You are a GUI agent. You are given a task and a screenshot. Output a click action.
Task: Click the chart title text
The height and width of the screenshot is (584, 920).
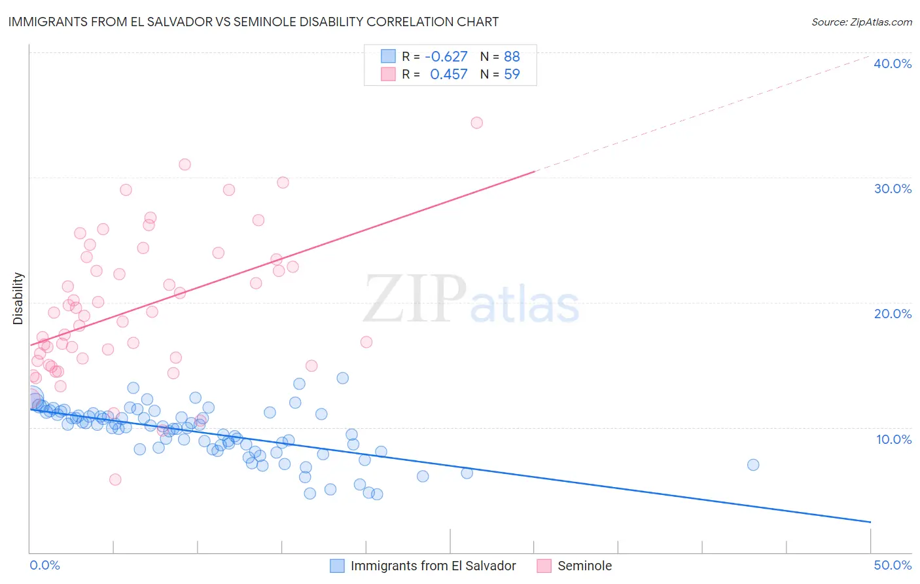[253, 22]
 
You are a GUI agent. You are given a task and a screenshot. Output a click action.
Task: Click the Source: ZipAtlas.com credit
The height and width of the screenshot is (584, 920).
[861, 22]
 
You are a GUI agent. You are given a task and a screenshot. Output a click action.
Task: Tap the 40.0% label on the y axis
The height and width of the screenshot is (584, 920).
[893, 64]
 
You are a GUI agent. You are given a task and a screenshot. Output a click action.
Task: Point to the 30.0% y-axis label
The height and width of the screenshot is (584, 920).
[893, 189]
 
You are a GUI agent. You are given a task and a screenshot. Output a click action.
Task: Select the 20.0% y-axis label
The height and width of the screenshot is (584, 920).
[893, 314]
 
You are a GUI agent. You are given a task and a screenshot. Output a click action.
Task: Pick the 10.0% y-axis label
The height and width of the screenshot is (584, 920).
[894, 439]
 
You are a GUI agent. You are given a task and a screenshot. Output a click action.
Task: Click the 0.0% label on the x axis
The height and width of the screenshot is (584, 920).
[44, 565]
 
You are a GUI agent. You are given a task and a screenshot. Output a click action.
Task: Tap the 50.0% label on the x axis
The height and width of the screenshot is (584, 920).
[893, 565]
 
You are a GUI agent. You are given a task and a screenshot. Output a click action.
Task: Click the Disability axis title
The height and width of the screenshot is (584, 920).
[18, 299]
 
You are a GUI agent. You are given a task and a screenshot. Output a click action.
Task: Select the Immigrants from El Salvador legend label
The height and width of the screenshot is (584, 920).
[433, 566]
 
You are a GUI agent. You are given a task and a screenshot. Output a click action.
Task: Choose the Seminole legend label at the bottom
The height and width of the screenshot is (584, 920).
[584, 566]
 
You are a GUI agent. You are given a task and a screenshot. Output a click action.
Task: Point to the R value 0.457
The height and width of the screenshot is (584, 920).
[448, 75]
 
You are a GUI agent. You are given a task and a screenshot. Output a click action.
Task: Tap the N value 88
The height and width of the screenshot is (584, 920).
[512, 57]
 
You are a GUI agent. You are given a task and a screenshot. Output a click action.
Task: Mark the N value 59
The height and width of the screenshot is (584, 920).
[512, 75]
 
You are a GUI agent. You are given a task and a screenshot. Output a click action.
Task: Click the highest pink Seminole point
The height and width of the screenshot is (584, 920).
[477, 122]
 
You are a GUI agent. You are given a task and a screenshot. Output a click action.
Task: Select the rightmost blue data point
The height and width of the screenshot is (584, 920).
[753, 465]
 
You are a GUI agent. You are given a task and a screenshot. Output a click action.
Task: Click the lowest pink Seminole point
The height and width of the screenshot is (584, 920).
[115, 479]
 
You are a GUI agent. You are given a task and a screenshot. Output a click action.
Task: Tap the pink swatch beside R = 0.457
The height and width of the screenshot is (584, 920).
[389, 75]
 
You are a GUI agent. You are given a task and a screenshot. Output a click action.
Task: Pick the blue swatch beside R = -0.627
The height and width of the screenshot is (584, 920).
[389, 57]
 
